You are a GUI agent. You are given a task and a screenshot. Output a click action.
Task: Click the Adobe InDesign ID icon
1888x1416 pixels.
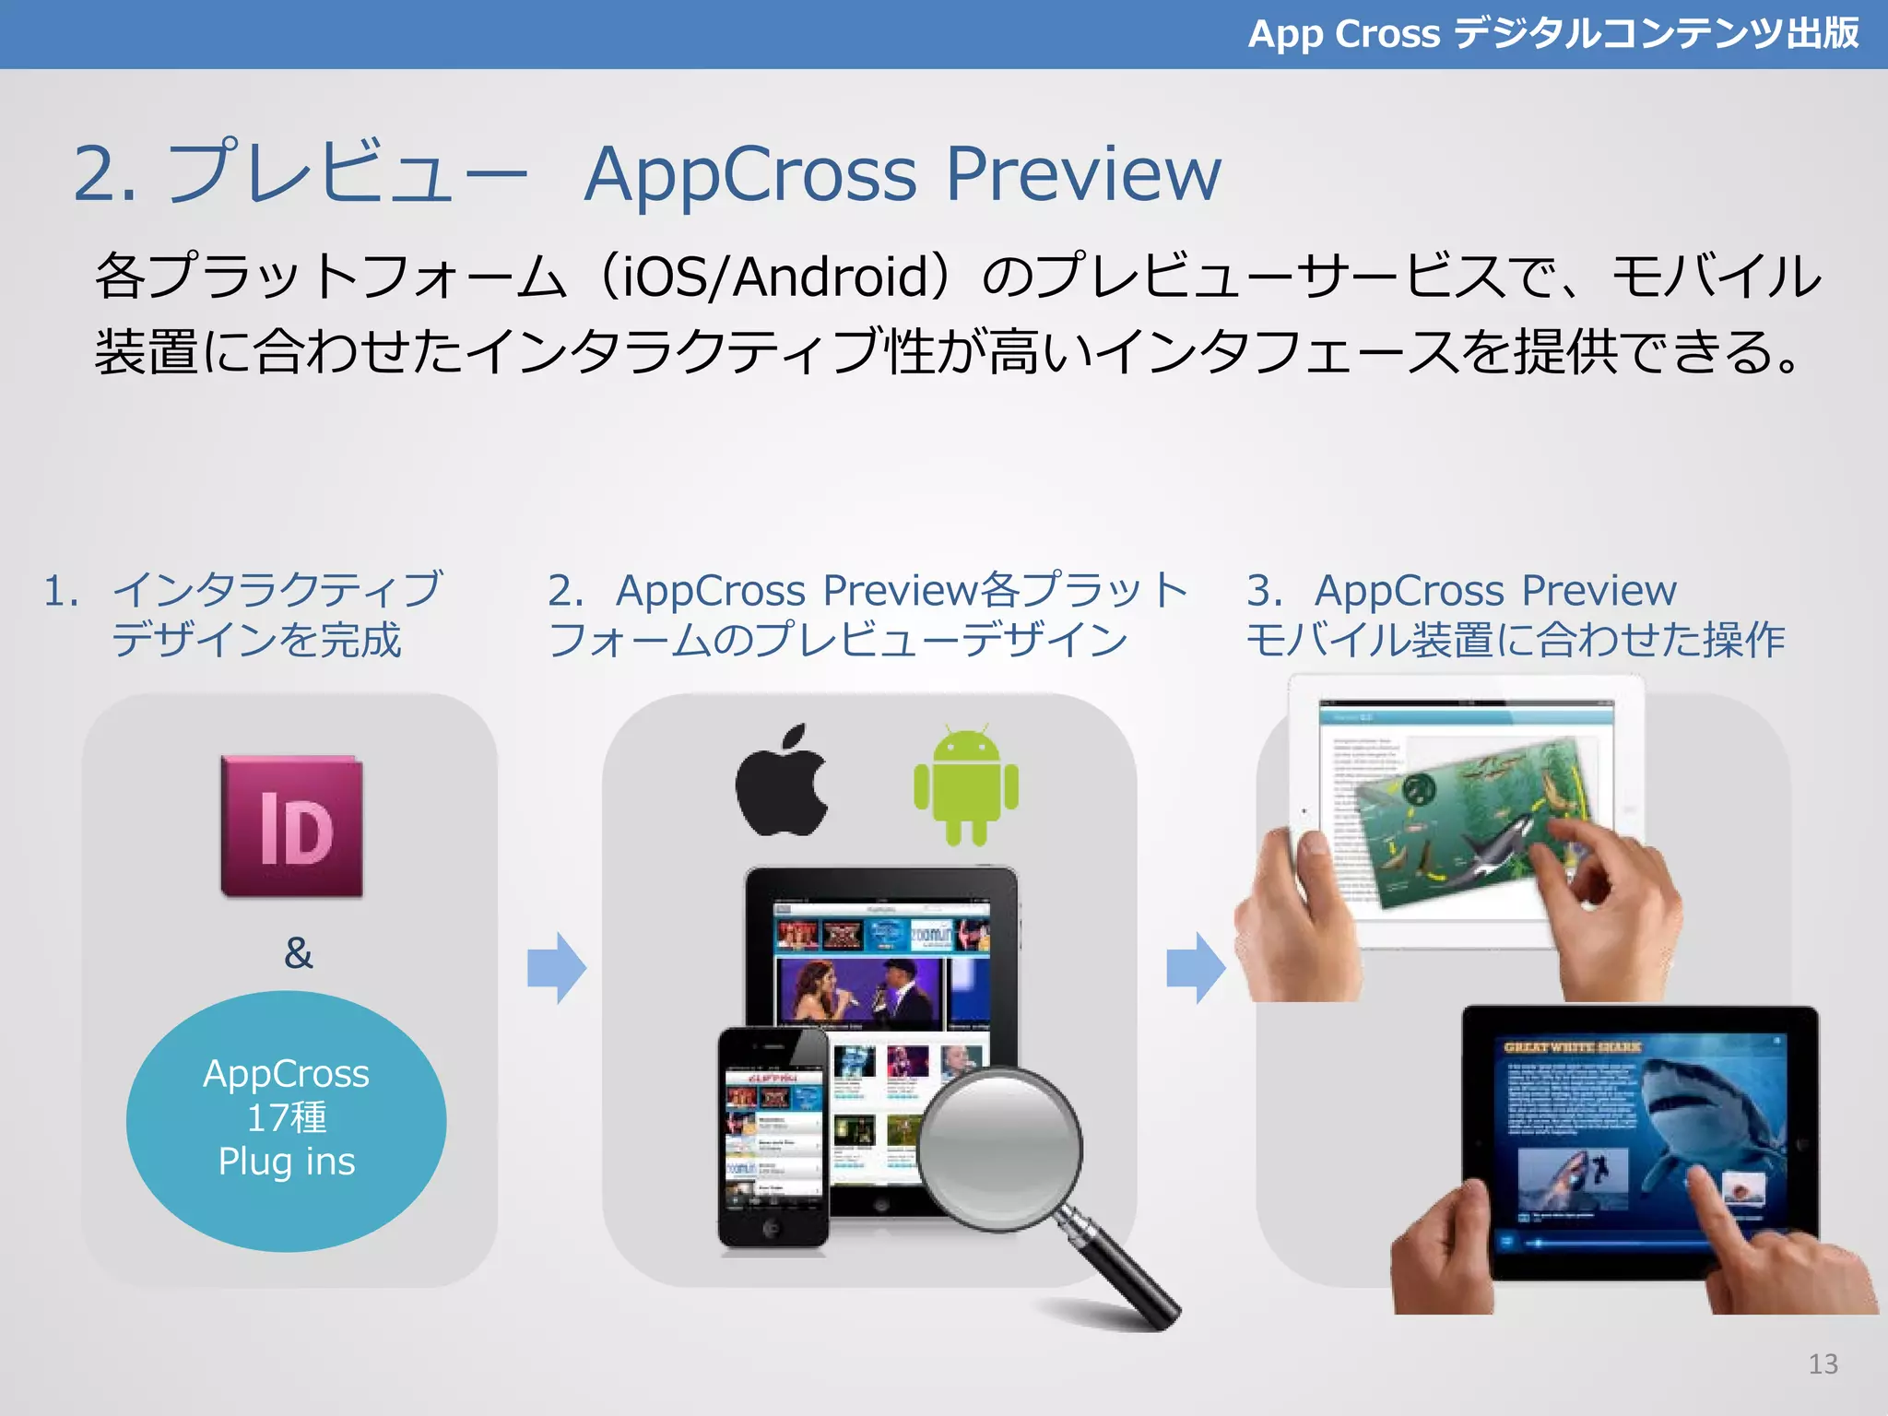click(292, 827)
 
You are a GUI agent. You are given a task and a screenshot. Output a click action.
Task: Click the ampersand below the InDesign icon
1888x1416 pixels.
click(298, 953)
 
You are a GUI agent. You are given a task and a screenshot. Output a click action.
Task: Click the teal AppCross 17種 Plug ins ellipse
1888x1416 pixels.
click(287, 1119)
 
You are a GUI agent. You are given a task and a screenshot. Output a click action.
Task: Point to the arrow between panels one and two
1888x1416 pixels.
click(557, 968)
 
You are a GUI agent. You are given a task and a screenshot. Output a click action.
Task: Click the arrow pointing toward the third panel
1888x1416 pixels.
click(1196, 968)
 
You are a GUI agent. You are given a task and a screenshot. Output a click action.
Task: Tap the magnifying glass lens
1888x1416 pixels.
click(1000, 1147)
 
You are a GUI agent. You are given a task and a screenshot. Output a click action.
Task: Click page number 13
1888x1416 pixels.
click(1823, 1363)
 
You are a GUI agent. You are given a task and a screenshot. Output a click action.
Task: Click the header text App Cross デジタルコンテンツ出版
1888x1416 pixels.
click(1552, 34)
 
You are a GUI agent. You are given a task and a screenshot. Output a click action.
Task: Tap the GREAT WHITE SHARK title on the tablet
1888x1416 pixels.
click(1572, 1047)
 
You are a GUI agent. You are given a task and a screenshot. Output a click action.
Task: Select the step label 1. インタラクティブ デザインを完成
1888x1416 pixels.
click(244, 614)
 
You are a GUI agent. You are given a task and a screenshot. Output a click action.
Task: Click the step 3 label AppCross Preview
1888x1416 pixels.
click(1493, 591)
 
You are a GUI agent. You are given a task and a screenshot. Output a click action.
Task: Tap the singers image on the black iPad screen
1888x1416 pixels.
click(862, 993)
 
